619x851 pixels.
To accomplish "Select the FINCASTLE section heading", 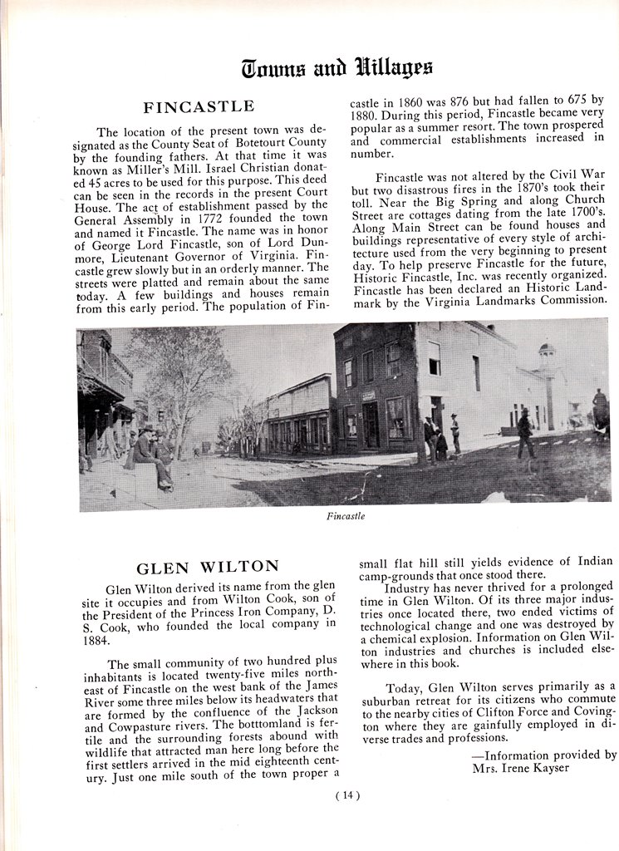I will coord(199,107).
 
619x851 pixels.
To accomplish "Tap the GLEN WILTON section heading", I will coord(208,568).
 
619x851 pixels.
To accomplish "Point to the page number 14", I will coord(346,795).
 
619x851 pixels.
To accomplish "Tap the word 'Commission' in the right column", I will coord(572,300).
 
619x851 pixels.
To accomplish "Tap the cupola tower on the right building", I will coord(546,357).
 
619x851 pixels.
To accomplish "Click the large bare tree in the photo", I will coord(179,374).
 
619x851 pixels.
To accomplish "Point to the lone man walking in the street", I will coord(524,433).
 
